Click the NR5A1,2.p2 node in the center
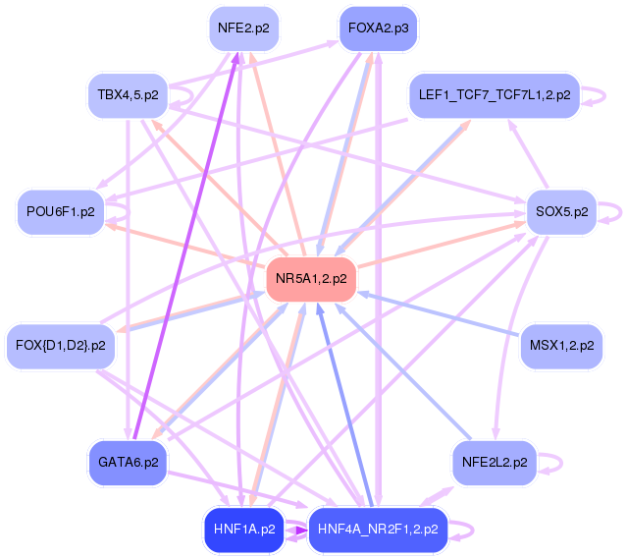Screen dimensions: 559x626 click(x=311, y=279)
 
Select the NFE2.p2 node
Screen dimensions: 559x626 click(x=242, y=28)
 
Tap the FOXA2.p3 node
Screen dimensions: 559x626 click(x=378, y=28)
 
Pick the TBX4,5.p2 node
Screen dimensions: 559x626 click(x=128, y=95)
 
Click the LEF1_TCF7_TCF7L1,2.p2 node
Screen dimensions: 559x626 click(x=494, y=95)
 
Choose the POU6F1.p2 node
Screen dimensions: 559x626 click(x=61, y=211)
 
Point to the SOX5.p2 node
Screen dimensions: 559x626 click(x=560, y=211)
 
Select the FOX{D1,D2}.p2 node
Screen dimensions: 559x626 click(x=61, y=346)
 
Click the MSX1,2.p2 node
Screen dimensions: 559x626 click(x=560, y=346)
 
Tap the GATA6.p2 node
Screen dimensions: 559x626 click(x=128, y=462)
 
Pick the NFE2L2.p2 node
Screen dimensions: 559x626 click(x=494, y=462)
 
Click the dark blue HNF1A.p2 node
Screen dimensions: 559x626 click(x=242, y=530)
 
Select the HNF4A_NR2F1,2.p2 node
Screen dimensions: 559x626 click(x=378, y=530)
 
